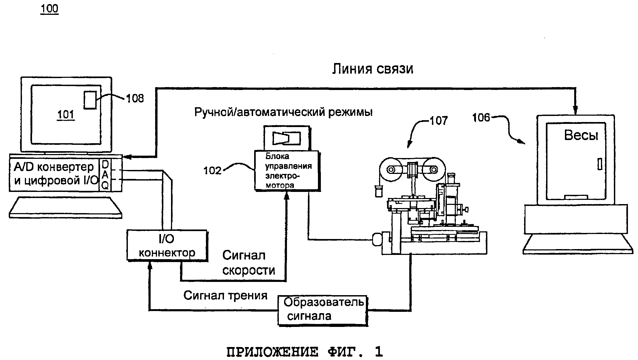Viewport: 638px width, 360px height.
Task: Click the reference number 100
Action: [x=49, y=9]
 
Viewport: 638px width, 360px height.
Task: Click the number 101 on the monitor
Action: [x=66, y=115]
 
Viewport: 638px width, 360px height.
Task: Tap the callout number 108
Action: [x=135, y=98]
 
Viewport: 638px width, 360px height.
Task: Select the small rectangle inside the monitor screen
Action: [x=90, y=100]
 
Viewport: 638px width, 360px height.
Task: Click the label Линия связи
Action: [x=372, y=69]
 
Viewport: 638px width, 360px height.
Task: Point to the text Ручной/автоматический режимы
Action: [x=283, y=112]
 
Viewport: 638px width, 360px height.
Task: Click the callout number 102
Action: [x=212, y=170]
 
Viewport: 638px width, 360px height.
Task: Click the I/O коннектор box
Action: [x=167, y=245]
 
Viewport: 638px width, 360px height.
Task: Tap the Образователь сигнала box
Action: [x=322, y=310]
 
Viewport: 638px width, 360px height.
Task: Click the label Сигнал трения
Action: [x=225, y=295]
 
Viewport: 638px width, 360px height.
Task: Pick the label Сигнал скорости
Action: [x=248, y=263]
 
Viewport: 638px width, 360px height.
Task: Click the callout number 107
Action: [x=438, y=121]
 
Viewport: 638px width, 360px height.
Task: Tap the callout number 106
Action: [x=481, y=118]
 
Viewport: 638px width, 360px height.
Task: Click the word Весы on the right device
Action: [x=581, y=135]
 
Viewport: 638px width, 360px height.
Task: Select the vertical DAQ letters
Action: [x=105, y=175]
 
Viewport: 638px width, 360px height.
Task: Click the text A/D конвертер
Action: [x=54, y=167]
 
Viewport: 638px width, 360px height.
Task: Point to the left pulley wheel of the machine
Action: [x=390, y=170]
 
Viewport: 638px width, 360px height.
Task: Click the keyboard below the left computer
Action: [x=65, y=207]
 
